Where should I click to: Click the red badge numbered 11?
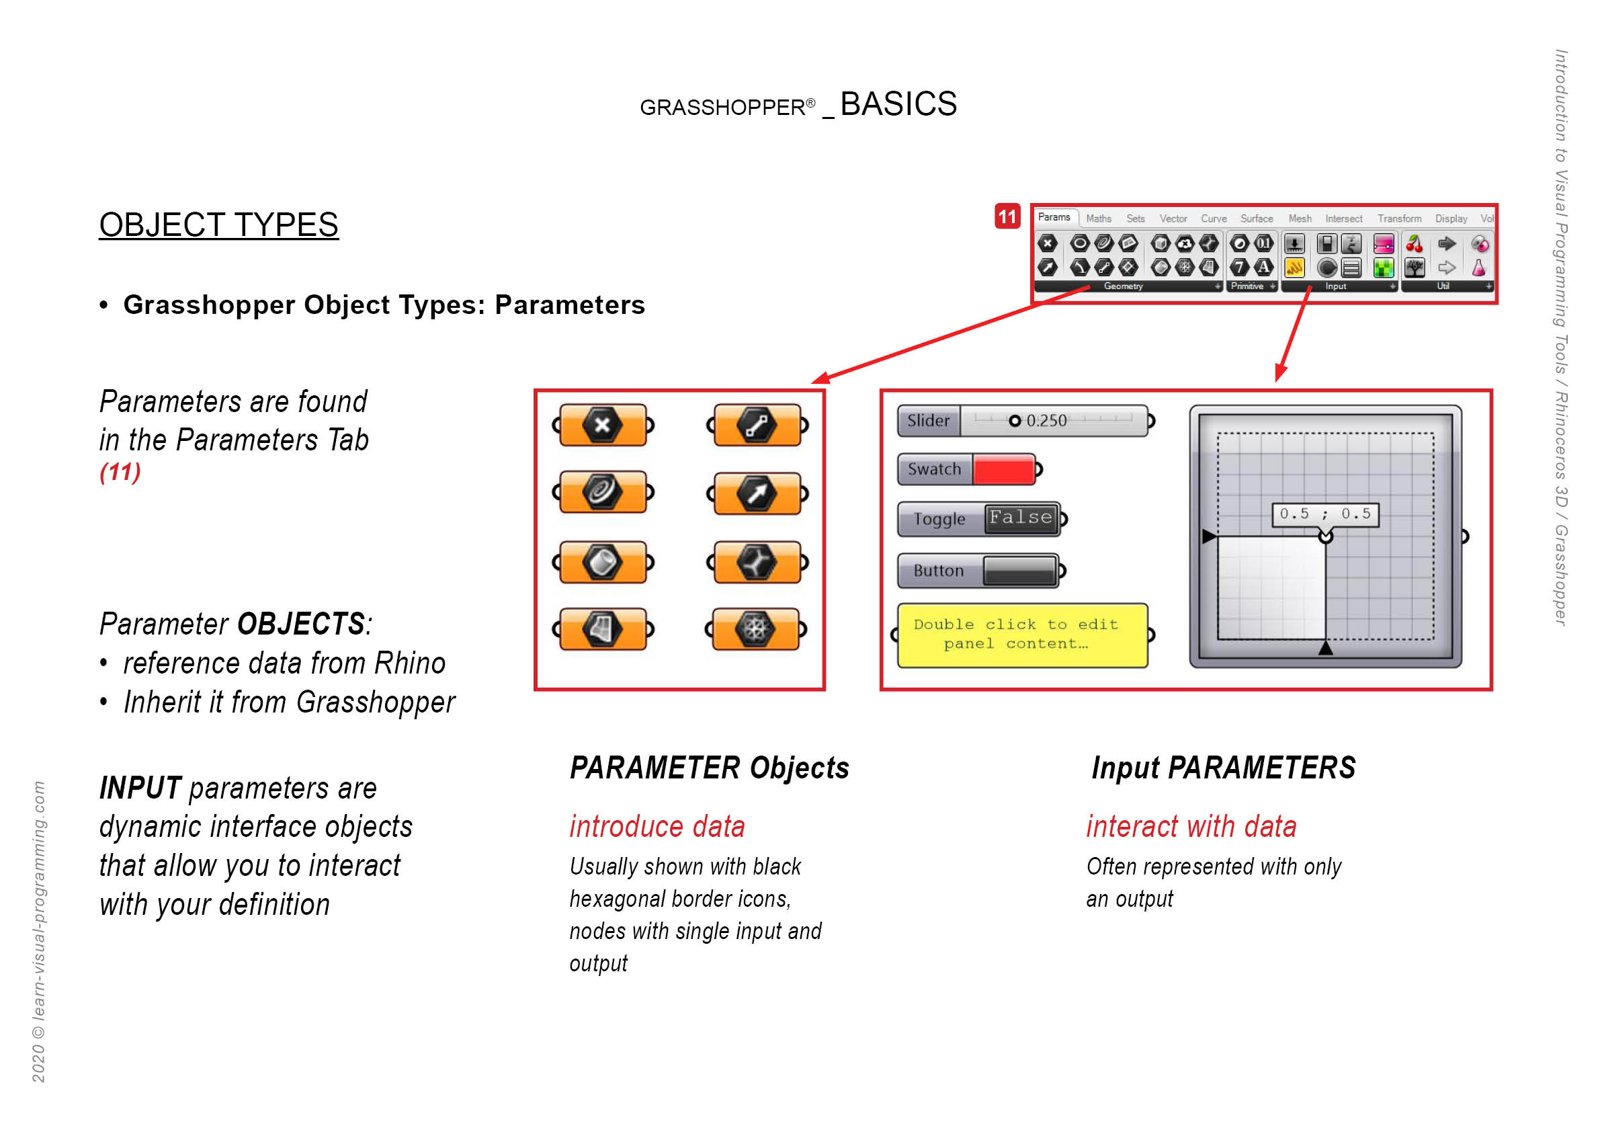(1007, 216)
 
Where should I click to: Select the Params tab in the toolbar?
(1054, 218)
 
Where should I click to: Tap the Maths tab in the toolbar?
(1098, 219)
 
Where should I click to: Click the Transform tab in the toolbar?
(1398, 219)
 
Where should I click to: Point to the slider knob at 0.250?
(1015, 420)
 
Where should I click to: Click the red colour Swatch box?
(1003, 469)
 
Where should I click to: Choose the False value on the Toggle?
(1021, 518)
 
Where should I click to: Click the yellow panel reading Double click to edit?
(1022, 635)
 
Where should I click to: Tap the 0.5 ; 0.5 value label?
(1324, 514)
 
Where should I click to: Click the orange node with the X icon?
(603, 425)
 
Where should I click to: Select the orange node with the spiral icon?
(603, 491)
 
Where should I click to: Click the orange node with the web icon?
(755, 629)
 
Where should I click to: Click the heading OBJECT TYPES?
(219, 225)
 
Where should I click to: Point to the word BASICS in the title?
(898, 104)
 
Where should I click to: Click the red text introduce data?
(657, 826)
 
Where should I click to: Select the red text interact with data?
(1191, 826)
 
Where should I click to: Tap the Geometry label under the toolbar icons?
(1123, 286)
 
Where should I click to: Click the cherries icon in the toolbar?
(1413, 243)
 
